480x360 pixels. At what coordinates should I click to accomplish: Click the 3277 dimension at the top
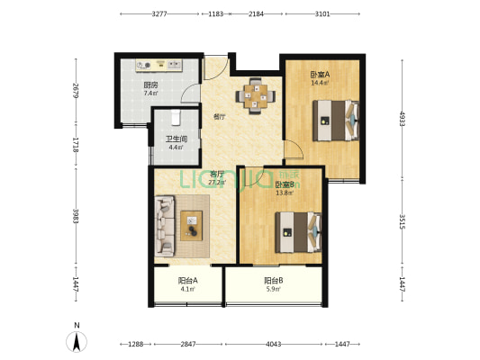pyautogui.click(x=159, y=14)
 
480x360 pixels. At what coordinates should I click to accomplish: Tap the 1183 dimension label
pyautogui.click(x=216, y=14)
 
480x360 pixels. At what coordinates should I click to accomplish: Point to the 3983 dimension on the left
pyautogui.click(x=76, y=216)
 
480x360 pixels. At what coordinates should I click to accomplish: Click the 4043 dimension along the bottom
pyautogui.click(x=274, y=344)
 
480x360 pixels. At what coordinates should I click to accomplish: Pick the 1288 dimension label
pyautogui.click(x=136, y=344)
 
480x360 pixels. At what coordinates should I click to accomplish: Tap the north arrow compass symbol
pyautogui.click(x=77, y=341)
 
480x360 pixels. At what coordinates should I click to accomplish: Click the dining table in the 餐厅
pyautogui.click(x=255, y=96)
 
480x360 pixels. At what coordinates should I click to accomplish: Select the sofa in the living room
pyautogui.click(x=165, y=226)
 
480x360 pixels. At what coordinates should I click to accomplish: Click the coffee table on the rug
pyautogui.click(x=191, y=225)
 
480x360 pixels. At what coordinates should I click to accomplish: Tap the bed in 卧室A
pyautogui.click(x=336, y=121)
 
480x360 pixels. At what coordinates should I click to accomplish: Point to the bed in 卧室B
pyautogui.click(x=298, y=232)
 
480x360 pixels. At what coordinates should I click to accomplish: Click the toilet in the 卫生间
pyautogui.click(x=176, y=118)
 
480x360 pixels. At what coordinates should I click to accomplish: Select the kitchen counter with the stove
pyautogui.click(x=158, y=65)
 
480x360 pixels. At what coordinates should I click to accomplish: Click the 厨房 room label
pyautogui.click(x=150, y=85)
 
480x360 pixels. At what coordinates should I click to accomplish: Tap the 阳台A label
pyautogui.click(x=188, y=280)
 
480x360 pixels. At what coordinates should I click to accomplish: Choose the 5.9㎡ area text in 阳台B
pyautogui.click(x=274, y=288)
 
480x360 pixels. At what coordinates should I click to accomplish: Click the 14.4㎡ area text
pyautogui.click(x=320, y=83)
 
